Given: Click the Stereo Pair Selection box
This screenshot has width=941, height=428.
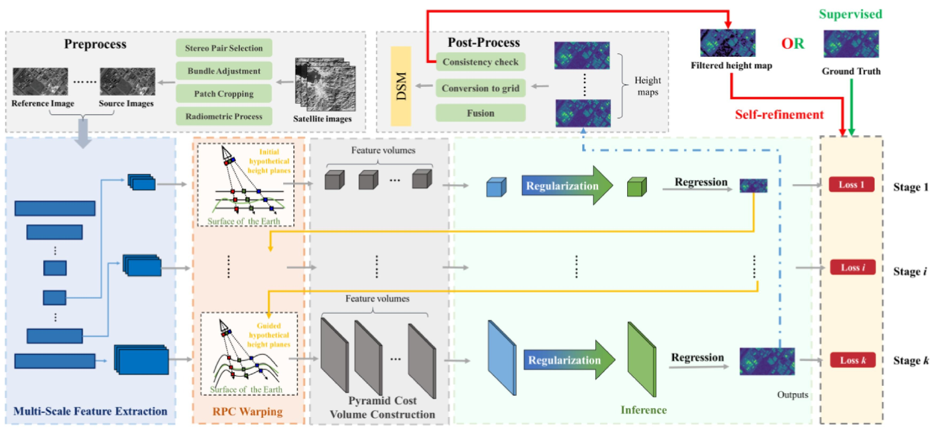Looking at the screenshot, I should coord(224,48).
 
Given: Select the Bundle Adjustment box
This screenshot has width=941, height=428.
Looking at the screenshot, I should coord(224,71).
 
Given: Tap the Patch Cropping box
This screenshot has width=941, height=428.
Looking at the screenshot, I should coord(224,94).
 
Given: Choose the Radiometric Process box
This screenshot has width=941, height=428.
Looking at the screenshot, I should coord(224,116).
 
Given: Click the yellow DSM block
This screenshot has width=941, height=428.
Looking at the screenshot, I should coord(401,86).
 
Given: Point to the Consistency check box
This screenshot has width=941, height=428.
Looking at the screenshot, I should coord(480,62).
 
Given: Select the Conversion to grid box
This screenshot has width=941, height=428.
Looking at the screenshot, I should coord(480,88).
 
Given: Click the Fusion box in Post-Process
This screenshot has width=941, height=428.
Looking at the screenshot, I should coord(480,113).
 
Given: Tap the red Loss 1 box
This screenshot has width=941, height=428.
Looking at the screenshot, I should coord(851,185).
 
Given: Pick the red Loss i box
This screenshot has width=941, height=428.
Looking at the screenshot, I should coord(853,267).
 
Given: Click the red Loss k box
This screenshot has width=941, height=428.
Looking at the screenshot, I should coord(853,360).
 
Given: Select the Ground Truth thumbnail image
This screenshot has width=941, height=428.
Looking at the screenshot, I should coord(851,44).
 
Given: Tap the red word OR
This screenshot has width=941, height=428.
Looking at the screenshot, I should coord(792,44).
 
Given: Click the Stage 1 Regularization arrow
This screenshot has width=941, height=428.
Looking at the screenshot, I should coord(566,186).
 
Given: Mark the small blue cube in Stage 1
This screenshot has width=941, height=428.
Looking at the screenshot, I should coord(496,188).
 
